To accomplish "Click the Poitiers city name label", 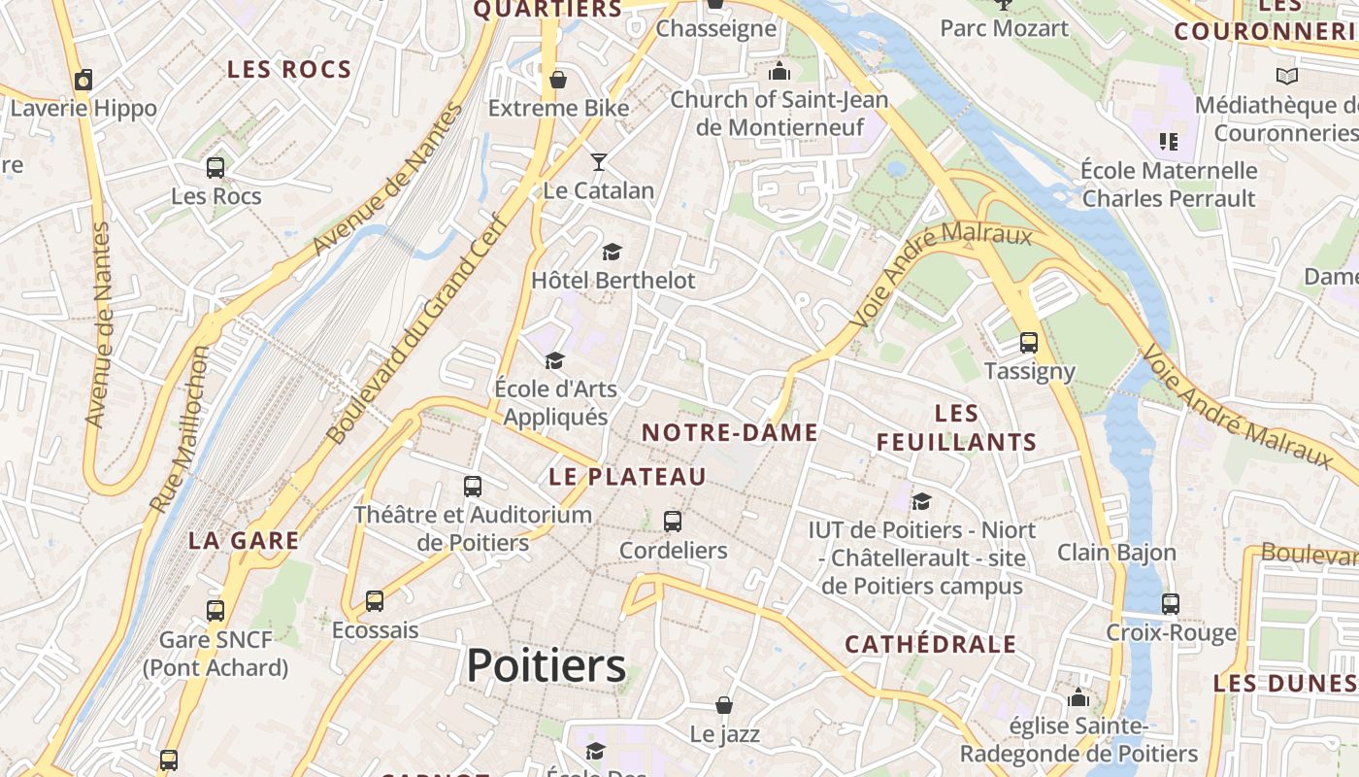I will (546, 666).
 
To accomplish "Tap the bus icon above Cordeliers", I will (672, 522).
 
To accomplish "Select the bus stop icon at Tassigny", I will (1028, 343).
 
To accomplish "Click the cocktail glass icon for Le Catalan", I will (599, 161).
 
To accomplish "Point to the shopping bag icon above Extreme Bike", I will (557, 79).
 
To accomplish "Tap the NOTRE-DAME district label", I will (730, 433).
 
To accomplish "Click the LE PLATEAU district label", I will (627, 477).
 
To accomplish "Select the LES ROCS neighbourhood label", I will (288, 70).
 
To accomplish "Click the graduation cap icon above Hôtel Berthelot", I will (612, 253).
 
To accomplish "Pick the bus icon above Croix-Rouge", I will (1170, 603).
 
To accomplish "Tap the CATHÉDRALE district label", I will (930, 645).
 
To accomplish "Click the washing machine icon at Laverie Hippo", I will (83, 80).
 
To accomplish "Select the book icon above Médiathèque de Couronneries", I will (1286, 76).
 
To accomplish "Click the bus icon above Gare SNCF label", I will (215, 610).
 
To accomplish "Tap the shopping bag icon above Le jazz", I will (723, 704).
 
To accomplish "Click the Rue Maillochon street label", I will (180, 428).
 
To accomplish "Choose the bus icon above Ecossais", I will (375, 601).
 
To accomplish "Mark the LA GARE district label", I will (244, 541).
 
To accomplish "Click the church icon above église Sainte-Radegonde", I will (1077, 697).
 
